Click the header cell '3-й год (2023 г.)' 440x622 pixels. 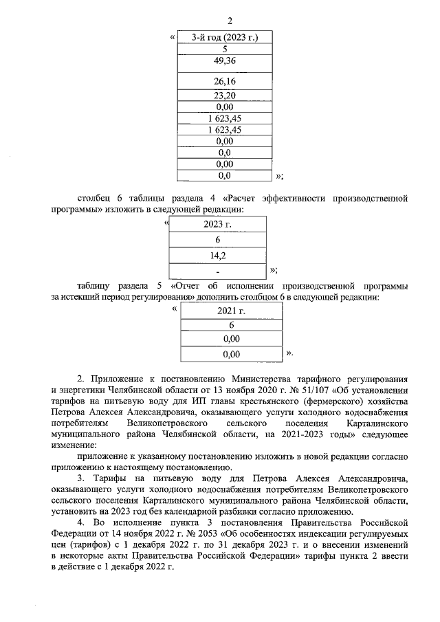click(x=225, y=37)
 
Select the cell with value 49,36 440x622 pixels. click(x=225, y=62)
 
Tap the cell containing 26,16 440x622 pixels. click(x=225, y=82)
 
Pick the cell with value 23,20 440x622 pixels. click(x=225, y=96)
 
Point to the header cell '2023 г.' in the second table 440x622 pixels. click(x=217, y=224)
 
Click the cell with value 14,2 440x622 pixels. click(x=217, y=256)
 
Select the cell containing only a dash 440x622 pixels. click(x=217, y=271)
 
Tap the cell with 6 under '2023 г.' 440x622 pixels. click(x=217, y=240)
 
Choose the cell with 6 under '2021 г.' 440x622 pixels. click(x=232, y=325)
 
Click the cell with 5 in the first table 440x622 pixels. click(x=225, y=49)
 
